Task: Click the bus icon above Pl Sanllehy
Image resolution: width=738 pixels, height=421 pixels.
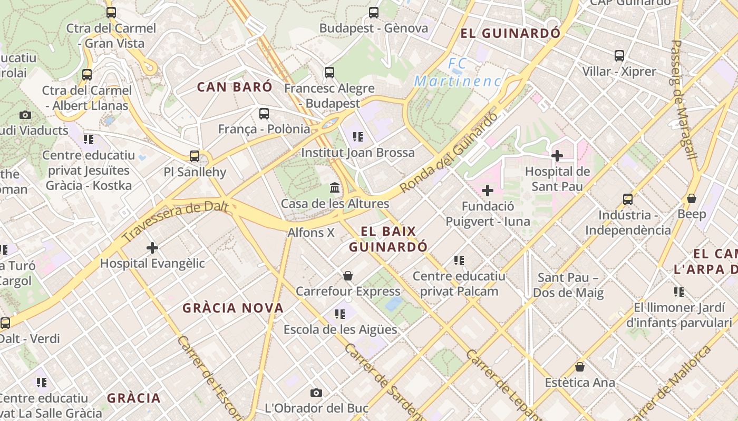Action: click(195, 156)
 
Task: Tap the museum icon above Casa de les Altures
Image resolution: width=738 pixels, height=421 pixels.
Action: click(335, 188)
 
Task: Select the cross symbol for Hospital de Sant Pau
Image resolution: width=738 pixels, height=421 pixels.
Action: click(557, 155)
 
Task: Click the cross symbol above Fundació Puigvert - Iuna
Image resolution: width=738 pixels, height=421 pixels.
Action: click(488, 191)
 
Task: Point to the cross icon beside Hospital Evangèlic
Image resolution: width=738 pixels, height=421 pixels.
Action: click(152, 247)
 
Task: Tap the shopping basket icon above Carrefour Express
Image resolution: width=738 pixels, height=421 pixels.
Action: click(348, 276)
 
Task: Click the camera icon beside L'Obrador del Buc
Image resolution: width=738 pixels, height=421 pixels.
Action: click(316, 393)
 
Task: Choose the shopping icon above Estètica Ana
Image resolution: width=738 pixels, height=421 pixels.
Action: click(580, 367)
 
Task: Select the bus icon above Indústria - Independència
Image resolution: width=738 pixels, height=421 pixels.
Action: click(628, 199)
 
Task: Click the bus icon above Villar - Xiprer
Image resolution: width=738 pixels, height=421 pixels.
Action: click(619, 56)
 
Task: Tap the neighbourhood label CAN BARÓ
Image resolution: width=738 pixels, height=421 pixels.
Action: click(235, 87)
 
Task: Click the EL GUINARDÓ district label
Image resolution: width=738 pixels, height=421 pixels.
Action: click(510, 34)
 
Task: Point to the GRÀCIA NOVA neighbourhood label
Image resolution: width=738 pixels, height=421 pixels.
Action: click(233, 308)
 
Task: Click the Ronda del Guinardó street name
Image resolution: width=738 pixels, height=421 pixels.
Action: click(449, 153)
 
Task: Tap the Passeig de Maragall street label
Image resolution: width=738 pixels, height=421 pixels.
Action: click(684, 100)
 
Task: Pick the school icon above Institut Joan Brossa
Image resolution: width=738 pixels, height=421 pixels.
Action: click(358, 137)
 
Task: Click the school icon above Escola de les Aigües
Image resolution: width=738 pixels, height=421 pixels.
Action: click(340, 314)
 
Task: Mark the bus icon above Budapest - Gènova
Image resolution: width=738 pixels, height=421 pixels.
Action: click(374, 13)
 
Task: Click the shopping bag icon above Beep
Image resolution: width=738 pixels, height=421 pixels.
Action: click(692, 198)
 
